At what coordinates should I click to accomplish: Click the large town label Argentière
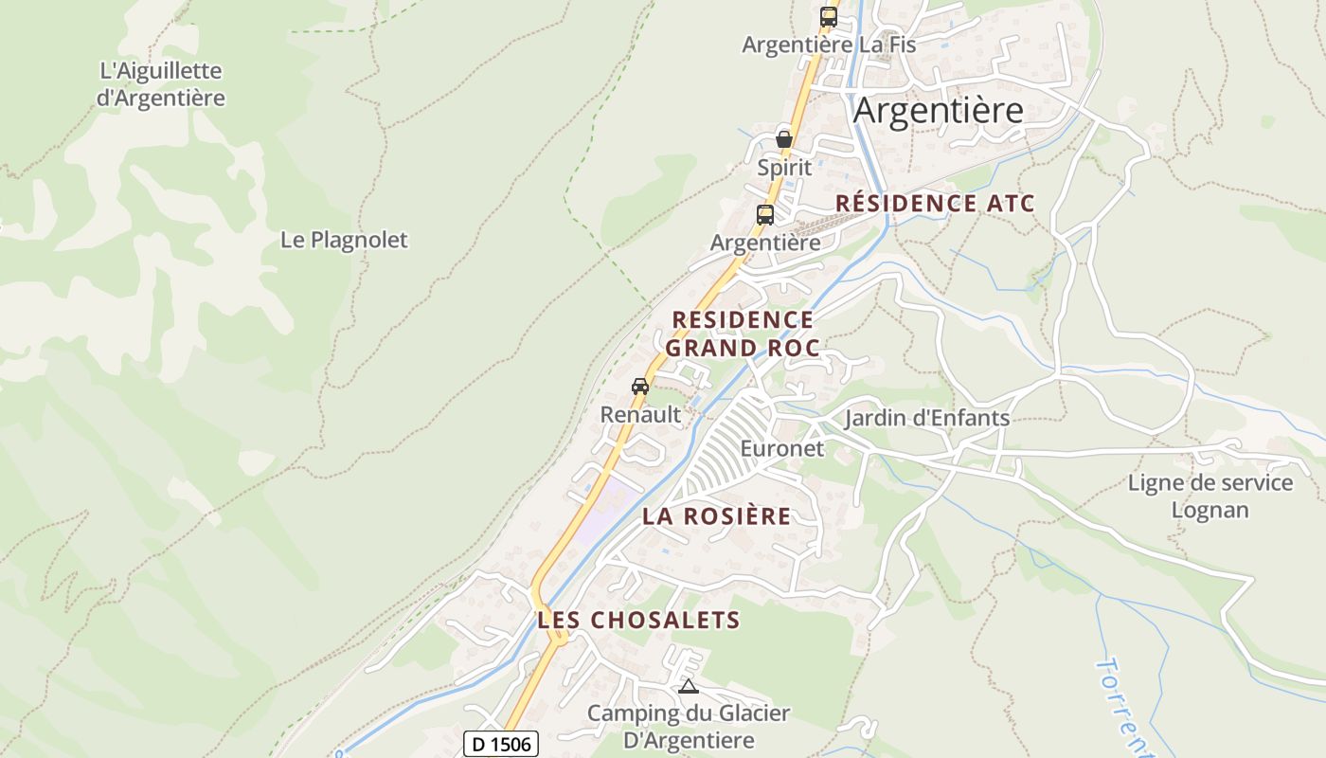point(938,111)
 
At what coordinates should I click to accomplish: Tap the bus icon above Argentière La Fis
point(829,16)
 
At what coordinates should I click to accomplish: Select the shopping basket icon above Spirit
point(784,138)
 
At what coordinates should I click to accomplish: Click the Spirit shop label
point(784,168)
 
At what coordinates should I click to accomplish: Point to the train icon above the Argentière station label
point(765,214)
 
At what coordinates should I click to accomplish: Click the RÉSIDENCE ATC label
point(935,204)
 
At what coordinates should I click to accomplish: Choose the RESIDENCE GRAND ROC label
point(743,334)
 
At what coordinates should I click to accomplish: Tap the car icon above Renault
point(640,386)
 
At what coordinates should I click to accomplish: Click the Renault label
point(640,414)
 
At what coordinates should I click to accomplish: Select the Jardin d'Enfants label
point(926,418)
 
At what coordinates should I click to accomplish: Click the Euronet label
point(782,448)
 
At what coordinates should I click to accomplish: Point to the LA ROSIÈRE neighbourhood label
point(716,516)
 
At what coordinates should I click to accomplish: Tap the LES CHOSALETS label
point(638,621)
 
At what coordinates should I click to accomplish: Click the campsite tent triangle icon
point(689,686)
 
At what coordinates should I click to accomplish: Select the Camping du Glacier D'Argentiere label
point(689,726)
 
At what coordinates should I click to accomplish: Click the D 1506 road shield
point(501,744)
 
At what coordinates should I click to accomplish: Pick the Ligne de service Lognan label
point(1210,496)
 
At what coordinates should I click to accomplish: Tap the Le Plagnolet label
point(344,240)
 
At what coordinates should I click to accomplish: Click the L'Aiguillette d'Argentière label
point(161,84)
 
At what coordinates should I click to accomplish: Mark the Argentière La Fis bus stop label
point(829,45)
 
